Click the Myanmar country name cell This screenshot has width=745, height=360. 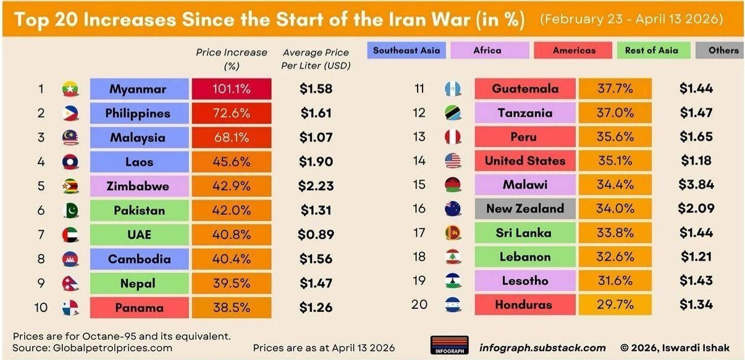(138, 89)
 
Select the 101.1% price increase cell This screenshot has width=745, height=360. (232, 89)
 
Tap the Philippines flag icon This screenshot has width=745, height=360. (70, 114)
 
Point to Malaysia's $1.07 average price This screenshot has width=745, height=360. (316, 138)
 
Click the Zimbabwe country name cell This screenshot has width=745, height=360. (138, 186)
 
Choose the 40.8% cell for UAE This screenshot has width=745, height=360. (232, 235)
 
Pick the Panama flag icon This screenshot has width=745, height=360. (70, 308)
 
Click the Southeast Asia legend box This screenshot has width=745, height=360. (406, 51)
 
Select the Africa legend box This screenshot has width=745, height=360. (487, 51)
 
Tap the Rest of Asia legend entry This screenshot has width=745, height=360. (651, 51)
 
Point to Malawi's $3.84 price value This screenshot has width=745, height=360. (696, 185)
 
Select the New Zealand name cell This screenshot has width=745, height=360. (524, 209)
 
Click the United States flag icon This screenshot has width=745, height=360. (453, 161)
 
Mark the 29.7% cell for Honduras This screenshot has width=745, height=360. (615, 304)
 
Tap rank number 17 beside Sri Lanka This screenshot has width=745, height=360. (419, 233)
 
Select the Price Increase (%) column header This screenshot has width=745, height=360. (232, 59)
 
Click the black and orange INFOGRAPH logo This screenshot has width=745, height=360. (449, 345)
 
